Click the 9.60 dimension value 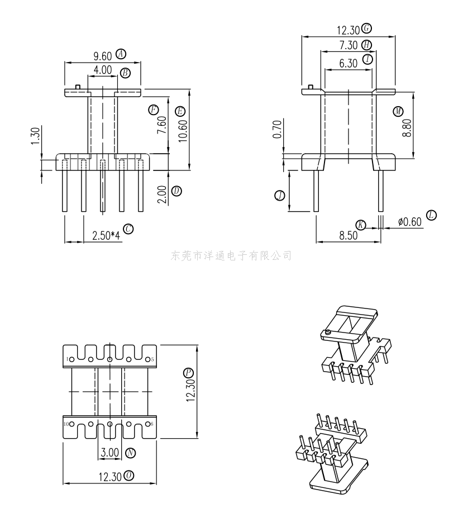pos(103,56)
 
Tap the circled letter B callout pos(125,73)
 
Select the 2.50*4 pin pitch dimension pos(106,235)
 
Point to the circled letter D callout pos(176,191)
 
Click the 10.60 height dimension pos(183,131)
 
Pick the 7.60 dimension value pos(162,125)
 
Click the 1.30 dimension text pos(36,136)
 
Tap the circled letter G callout pos(366,28)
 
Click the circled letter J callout pos(280,196)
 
